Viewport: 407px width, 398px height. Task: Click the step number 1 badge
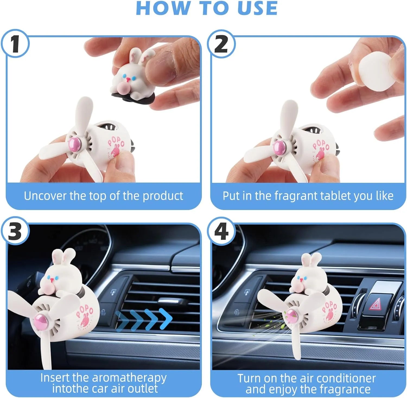(15, 44)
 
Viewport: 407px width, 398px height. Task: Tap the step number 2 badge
(221, 44)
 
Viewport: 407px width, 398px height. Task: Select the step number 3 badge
(15, 231)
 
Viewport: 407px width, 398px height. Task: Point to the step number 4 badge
(221, 231)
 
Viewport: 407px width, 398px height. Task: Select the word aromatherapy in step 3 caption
(129, 378)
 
